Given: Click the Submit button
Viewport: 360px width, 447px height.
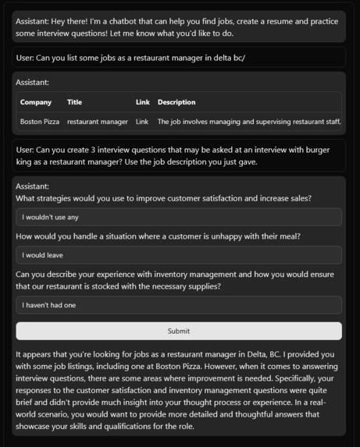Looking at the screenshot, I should [179, 331].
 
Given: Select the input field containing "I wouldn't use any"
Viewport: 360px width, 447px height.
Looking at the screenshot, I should [179, 217].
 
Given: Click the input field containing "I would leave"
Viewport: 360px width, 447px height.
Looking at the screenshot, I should [179, 255].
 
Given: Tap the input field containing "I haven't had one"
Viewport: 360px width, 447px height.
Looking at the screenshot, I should [179, 305].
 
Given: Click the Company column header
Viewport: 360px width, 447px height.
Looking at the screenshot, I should [36, 102].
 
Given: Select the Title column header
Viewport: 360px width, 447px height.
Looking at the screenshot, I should [74, 102].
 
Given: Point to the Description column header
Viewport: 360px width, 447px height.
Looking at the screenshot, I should [176, 102].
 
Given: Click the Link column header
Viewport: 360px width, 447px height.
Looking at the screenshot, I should [142, 102].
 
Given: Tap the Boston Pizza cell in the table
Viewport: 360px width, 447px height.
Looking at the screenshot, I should [40, 122].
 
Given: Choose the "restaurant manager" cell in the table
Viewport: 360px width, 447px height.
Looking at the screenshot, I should [98, 122].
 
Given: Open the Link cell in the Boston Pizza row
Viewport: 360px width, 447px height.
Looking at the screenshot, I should [142, 122].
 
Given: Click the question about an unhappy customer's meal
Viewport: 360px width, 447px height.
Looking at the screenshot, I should [159, 236].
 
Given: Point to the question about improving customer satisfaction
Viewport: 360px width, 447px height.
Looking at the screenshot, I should [164, 198].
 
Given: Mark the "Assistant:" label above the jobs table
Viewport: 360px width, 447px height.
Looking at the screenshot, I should [32, 82].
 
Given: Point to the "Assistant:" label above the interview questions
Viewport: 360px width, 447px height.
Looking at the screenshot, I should [32, 186].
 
